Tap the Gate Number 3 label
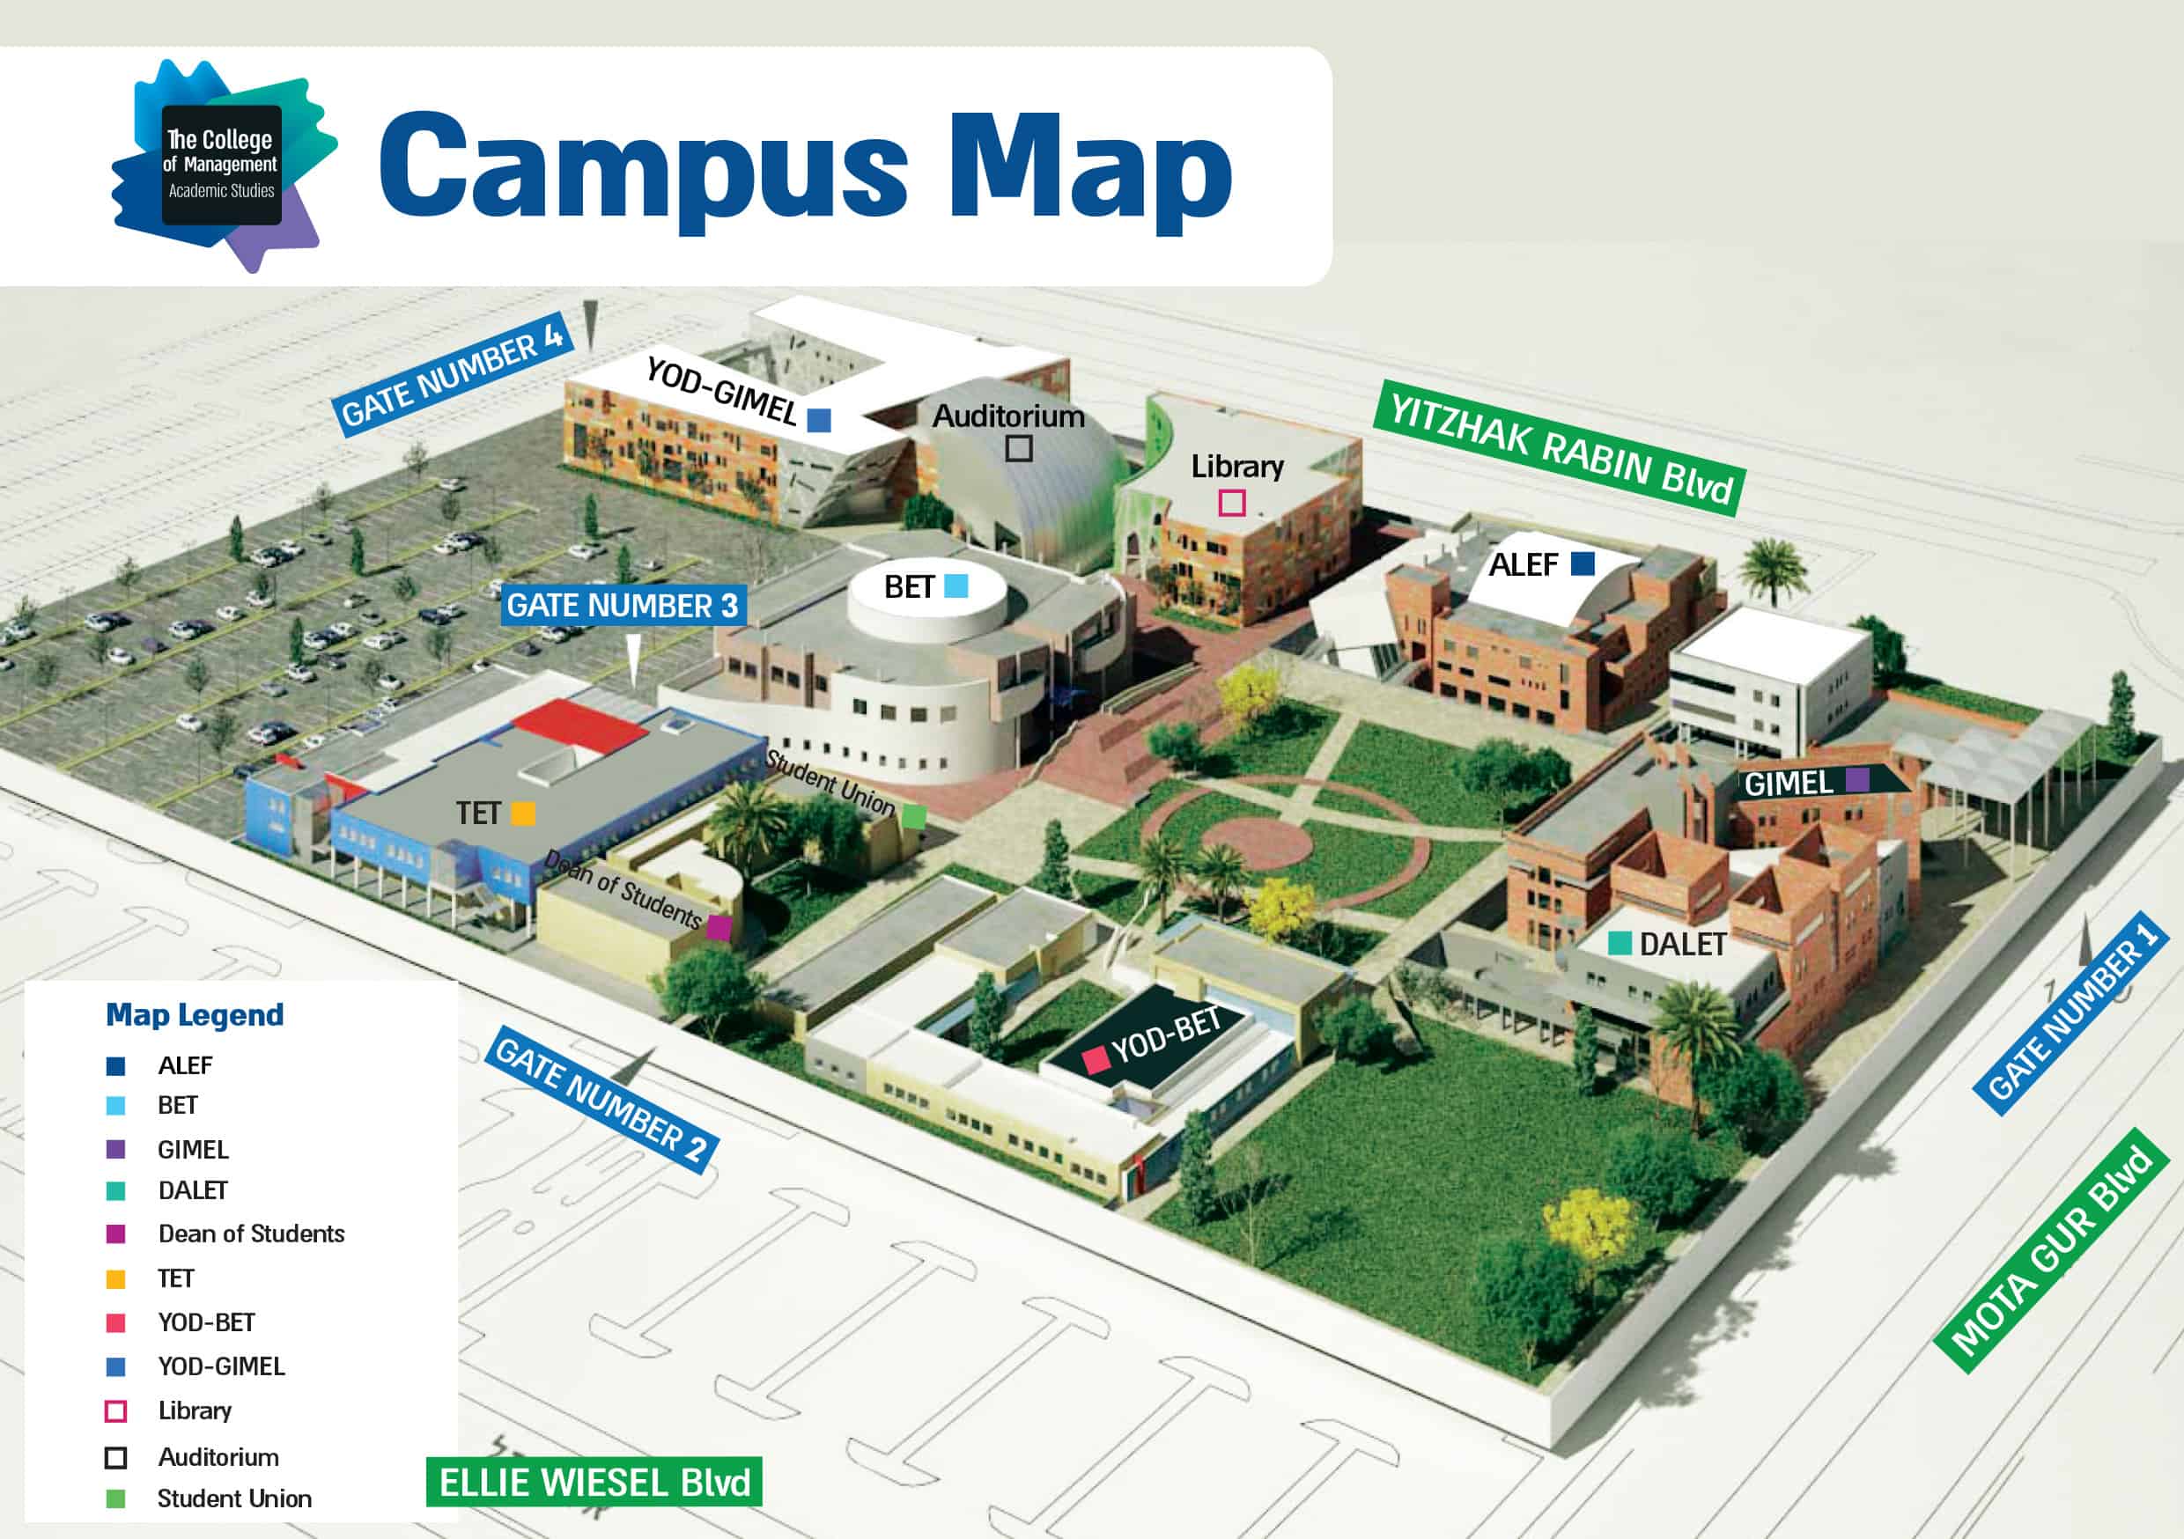tap(622, 606)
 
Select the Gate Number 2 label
tap(602, 1101)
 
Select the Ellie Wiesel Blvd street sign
tap(594, 1483)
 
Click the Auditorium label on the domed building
tap(1008, 416)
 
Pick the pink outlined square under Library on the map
tap(1232, 502)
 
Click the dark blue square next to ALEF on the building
tap(1582, 564)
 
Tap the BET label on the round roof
tap(909, 587)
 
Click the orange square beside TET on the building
tap(523, 814)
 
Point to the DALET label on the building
tap(1682, 945)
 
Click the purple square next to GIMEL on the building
tap(1856, 780)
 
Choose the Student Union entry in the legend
tap(234, 1499)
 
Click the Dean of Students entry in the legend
tap(251, 1233)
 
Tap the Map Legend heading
tap(195, 1015)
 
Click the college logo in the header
tap(223, 166)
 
